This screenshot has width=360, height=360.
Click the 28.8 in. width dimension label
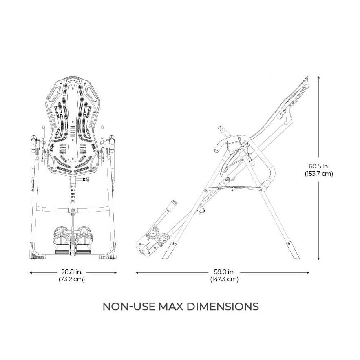(x=72, y=272)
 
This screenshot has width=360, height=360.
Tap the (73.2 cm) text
(x=72, y=279)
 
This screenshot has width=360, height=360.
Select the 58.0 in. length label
(x=224, y=272)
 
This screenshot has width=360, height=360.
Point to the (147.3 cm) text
(x=224, y=279)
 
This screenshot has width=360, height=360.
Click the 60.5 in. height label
(x=319, y=166)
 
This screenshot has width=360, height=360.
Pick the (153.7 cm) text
(x=319, y=174)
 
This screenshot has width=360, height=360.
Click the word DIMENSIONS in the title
(x=223, y=307)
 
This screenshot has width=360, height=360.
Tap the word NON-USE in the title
(x=129, y=307)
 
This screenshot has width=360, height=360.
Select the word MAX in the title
(x=171, y=307)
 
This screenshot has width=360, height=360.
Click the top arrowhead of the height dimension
(x=318, y=77)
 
